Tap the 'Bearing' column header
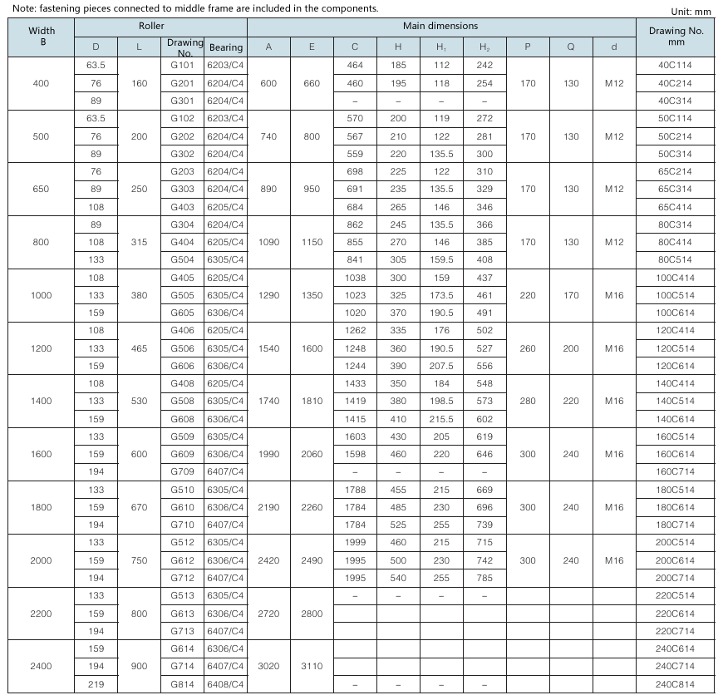(x=226, y=47)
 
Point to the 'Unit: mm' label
(x=692, y=11)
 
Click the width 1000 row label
(x=41, y=295)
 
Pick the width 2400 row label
(x=41, y=667)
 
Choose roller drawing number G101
(x=182, y=65)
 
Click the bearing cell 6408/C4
(x=226, y=684)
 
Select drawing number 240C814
(x=675, y=684)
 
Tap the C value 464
(x=355, y=65)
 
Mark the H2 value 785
(x=484, y=578)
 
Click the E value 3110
(x=312, y=667)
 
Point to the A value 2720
(x=268, y=614)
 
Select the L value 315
(x=139, y=242)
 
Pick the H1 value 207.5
(x=441, y=366)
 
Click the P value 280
(x=528, y=402)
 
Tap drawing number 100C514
(x=675, y=295)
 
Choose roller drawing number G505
(x=182, y=295)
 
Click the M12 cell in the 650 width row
(x=613, y=189)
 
